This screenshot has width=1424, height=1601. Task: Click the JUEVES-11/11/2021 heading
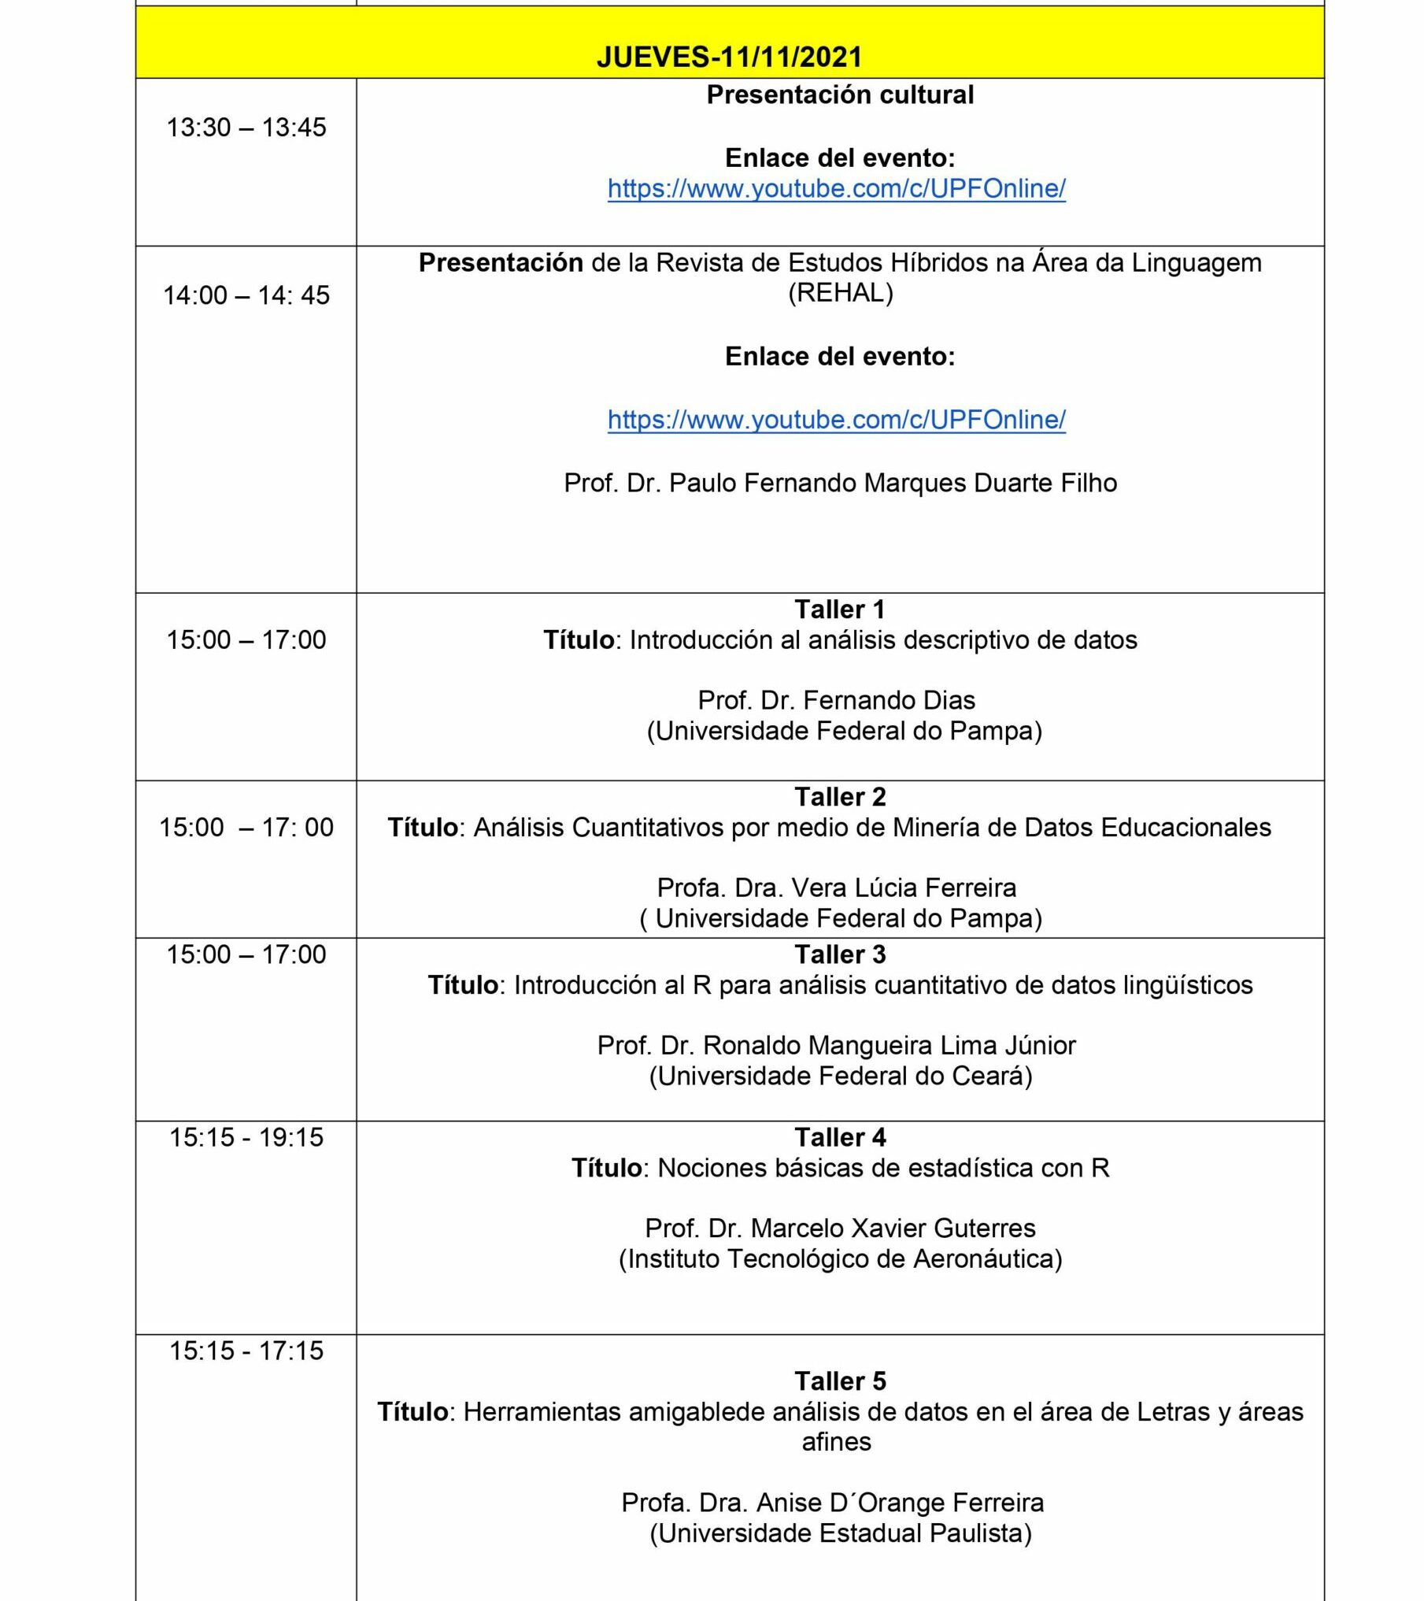(x=729, y=57)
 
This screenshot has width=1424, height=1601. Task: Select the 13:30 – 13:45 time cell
(x=246, y=128)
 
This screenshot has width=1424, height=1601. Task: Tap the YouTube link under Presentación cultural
(x=836, y=189)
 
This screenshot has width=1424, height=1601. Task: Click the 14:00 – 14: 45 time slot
(x=246, y=295)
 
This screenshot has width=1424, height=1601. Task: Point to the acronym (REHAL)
(x=840, y=293)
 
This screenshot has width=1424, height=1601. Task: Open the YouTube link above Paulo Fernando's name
(x=836, y=420)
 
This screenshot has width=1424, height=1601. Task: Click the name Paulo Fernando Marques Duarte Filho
(x=840, y=483)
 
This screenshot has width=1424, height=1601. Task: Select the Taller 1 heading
(x=840, y=609)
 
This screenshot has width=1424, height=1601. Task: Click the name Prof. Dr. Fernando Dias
(x=836, y=700)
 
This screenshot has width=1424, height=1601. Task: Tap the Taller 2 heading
(x=840, y=796)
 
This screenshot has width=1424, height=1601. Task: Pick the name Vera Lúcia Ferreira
(x=836, y=888)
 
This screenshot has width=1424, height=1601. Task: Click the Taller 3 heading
(x=840, y=954)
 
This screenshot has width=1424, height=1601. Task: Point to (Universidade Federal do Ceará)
(x=840, y=1076)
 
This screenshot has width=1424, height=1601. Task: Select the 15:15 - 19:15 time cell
(x=246, y=1137)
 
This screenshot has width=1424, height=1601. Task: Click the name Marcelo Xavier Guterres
(x=840, y=1228)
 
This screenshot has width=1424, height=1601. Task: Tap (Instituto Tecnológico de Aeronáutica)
(x=840, y=1258)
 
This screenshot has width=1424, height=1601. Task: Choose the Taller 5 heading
(x=840, y=1380)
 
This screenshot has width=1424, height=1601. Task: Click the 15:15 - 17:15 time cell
(x=246, y=1351)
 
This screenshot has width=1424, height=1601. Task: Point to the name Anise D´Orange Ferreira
(x=832, y=1503)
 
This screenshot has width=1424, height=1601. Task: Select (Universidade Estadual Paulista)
(x=840, y=1533)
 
